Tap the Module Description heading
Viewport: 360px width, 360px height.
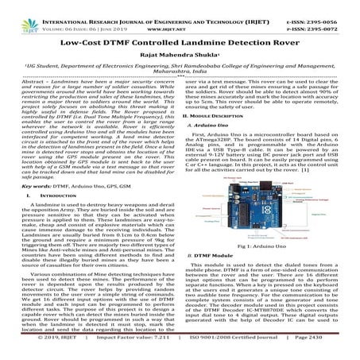pyautogui.click(x=234, y=138)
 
